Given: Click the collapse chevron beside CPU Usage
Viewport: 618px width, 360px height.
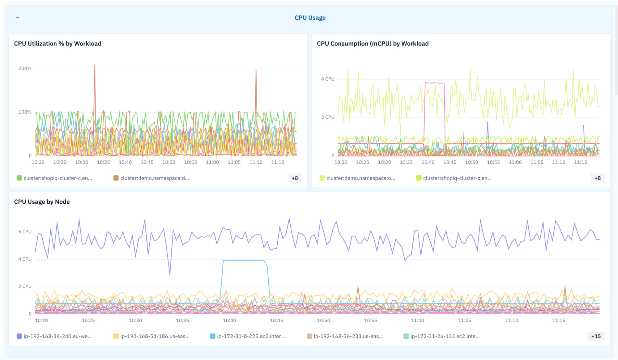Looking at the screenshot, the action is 18,18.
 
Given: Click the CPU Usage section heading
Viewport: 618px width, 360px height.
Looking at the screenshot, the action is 310,18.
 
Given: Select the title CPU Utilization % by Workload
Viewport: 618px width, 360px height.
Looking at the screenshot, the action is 58,44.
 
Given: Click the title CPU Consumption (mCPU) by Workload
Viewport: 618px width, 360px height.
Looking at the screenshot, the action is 373,44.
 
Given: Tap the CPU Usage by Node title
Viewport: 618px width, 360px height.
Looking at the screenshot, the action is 42,202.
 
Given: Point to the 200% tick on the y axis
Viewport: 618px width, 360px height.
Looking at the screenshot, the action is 25,68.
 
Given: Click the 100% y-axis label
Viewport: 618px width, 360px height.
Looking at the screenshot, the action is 25,112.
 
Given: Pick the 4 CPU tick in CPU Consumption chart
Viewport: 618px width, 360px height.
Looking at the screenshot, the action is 328,79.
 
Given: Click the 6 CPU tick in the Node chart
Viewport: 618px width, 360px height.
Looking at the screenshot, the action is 25,231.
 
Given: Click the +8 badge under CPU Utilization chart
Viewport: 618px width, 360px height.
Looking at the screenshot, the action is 295,178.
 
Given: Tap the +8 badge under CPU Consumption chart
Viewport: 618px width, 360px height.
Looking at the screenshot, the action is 598,178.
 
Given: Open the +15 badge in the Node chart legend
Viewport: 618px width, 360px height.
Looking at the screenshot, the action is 596,336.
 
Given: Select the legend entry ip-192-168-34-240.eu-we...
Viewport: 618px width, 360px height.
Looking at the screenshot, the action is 54,336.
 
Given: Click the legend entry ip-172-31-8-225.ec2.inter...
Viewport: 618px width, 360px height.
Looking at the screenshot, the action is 248,336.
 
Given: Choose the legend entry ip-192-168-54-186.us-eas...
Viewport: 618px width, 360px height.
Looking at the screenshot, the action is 151,336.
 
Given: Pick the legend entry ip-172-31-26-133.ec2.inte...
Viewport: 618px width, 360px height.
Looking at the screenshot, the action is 442,336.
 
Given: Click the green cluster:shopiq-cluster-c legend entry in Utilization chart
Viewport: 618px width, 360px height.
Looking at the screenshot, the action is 54,178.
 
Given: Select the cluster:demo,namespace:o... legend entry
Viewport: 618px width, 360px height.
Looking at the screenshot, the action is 357,178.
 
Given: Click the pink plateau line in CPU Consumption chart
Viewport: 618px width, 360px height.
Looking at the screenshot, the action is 435,83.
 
